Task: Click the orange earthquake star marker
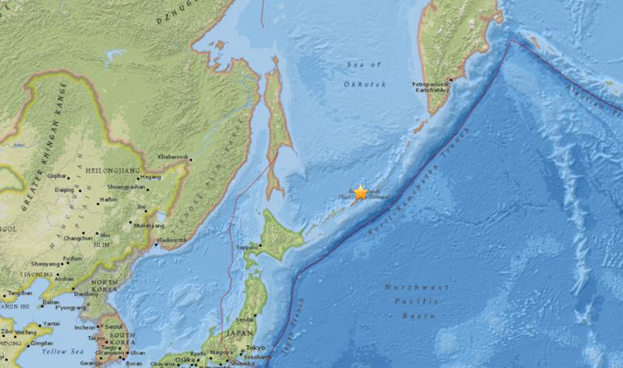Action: pos(360,193)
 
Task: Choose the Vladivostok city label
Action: pos(173,240)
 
